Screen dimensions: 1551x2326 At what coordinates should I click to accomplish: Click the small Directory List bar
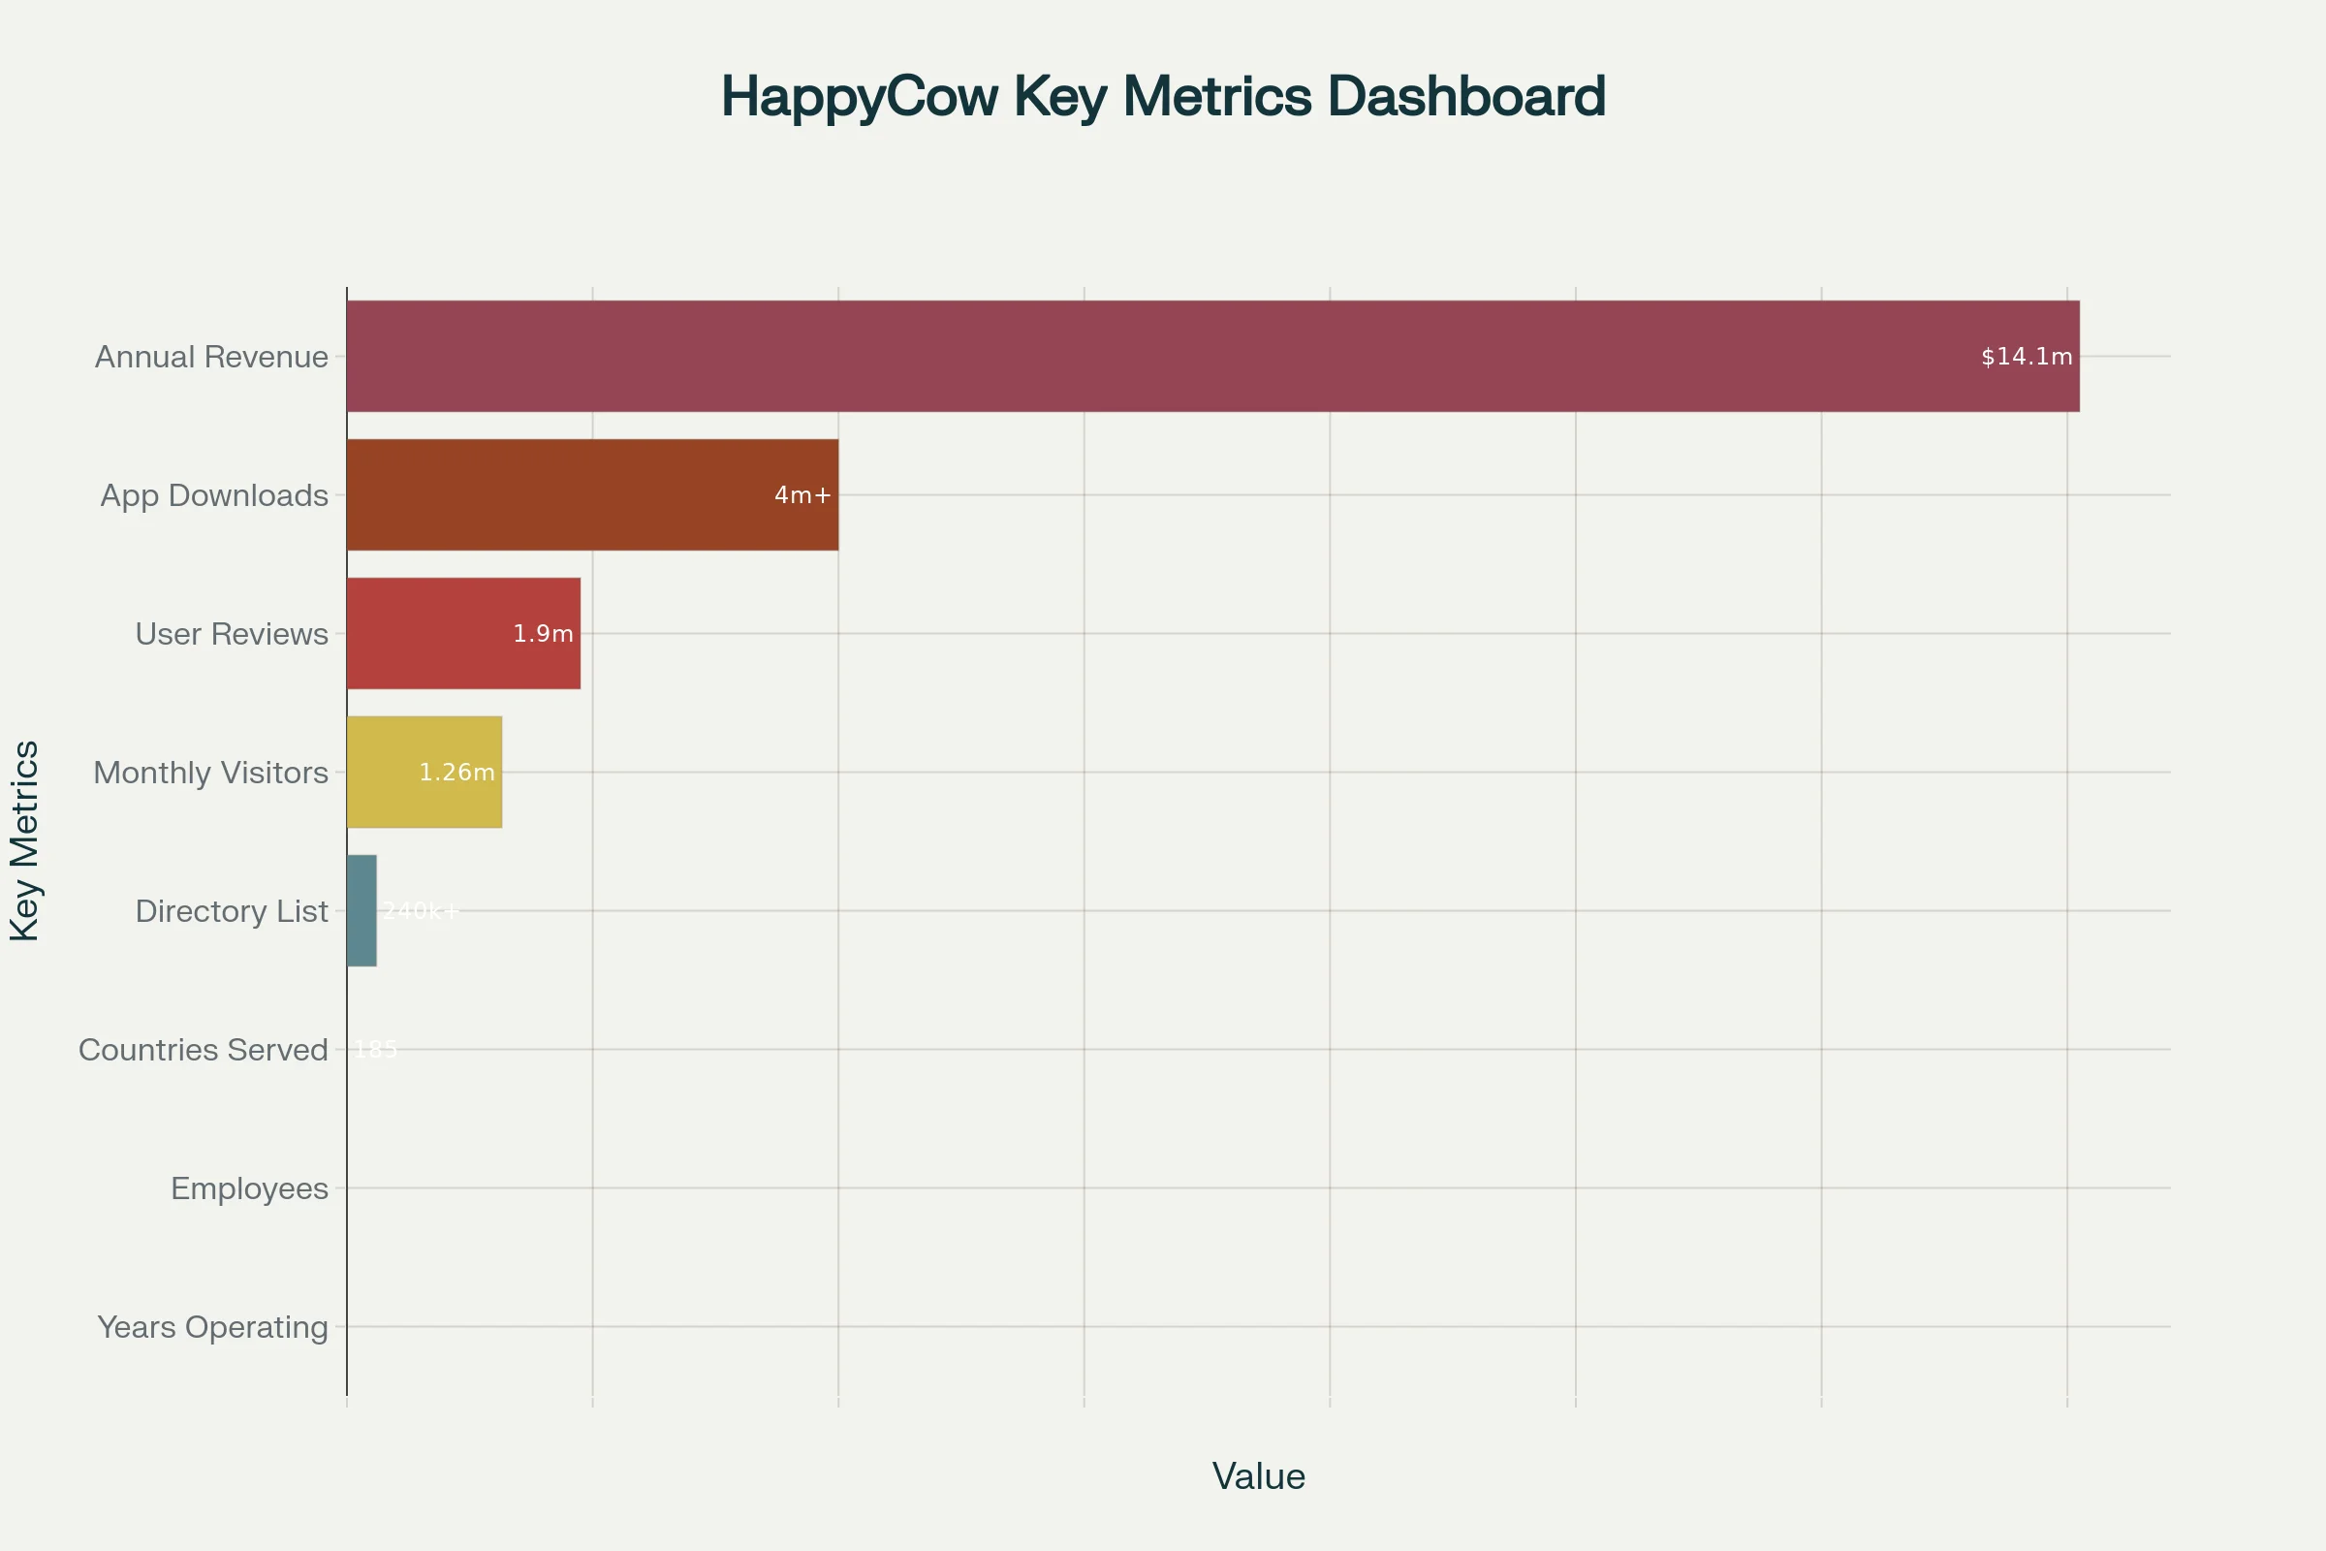pyautogui.click(x=361, y=910)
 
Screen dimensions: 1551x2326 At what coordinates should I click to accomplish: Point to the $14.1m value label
pyautogui.click(x=2027, y=356)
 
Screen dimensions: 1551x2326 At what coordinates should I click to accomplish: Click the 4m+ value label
pyautogui.click(x=802, y=494)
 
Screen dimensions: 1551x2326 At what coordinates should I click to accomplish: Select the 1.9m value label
pyautogui.click(x=543, y=633)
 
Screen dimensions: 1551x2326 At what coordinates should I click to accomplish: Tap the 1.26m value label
pyautogui.click(x=456, y=772)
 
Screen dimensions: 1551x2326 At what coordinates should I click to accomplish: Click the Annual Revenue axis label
pyautogui.click(x=211, y=356)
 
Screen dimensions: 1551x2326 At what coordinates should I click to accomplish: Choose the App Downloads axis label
pyautogui.click(x=214, y=494)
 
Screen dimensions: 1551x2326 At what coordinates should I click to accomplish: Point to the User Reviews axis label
pyautogui.click(x=232, y=633)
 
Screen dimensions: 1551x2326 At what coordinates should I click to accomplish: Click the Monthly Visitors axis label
pyautogui.click(x=210, y=772)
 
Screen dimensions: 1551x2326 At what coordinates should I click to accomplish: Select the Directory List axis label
pyautogui.click(x=232, y=910)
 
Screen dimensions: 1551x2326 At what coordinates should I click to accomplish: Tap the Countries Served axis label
pyautogui.click(x=203, y=1049)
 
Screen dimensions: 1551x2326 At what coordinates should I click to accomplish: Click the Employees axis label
pyautogui.click(x=249, y=1187)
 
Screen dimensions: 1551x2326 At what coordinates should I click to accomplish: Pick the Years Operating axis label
pyautogui.click(x=212, y=1325)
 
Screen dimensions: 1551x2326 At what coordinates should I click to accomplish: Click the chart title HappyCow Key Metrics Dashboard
pyautogui.click(x=1163, y=96)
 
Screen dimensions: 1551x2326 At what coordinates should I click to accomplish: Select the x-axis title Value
pyautogui.click(x=1258, y=1475)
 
